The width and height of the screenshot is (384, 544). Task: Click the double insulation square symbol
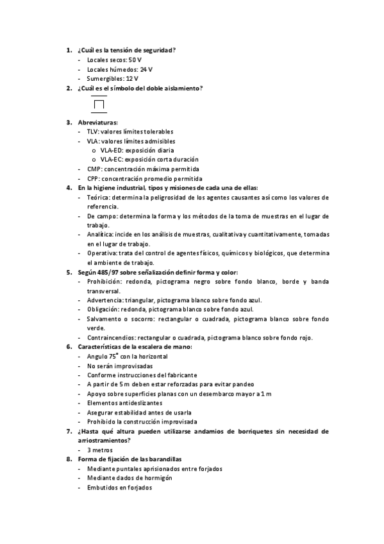99,104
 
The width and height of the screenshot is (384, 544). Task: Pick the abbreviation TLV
92,132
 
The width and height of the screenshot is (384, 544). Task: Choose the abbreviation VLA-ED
111,150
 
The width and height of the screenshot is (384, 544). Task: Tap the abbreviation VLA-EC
111,159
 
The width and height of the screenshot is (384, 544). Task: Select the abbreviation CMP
94,169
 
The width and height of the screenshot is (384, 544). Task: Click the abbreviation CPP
93,178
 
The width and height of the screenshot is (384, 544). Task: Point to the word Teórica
98,197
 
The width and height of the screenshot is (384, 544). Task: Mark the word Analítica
100,235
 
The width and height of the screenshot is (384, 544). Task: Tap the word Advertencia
104,300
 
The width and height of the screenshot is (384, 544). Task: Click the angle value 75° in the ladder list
113,356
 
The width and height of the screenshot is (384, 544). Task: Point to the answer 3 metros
100,450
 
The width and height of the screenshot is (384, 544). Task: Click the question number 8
69,459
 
